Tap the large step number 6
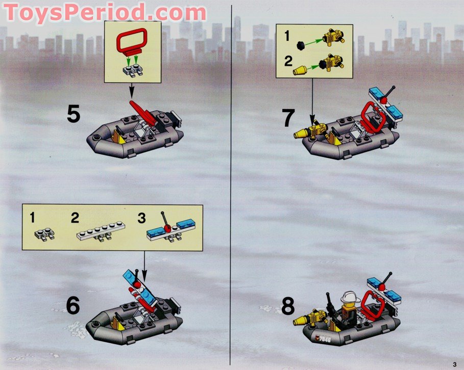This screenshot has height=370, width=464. click(x=74, y=306)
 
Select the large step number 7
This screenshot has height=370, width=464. click(x=288, y=118)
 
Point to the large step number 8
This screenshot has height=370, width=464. click(x=288, y=307)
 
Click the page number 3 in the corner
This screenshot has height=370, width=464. click(x=454, y=363)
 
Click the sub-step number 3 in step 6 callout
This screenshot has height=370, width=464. click(x=141, y=218)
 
